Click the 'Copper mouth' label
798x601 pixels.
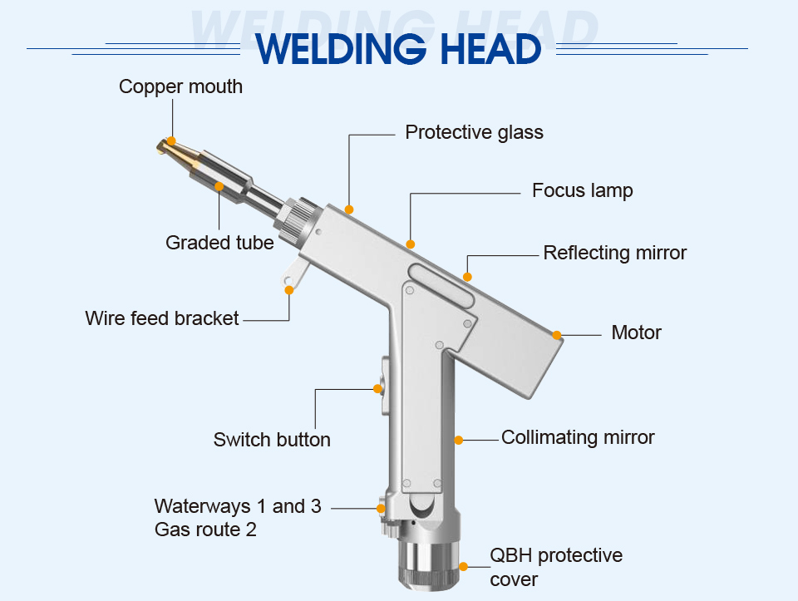180,86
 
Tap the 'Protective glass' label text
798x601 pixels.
474,132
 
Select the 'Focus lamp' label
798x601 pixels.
582,190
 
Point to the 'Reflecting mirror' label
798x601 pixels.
614,253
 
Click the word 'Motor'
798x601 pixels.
636,333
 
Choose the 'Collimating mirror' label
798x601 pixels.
578,437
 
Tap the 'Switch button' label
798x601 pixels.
272,440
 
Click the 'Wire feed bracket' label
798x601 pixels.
162,318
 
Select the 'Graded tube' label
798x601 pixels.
219,243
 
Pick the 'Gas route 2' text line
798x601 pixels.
205,529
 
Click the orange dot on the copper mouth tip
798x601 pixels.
171,141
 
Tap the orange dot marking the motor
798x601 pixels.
557,335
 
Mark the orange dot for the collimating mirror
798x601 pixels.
458,439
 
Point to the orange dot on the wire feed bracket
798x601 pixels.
289,289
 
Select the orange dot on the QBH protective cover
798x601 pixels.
463,567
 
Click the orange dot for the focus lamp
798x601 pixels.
410,244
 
